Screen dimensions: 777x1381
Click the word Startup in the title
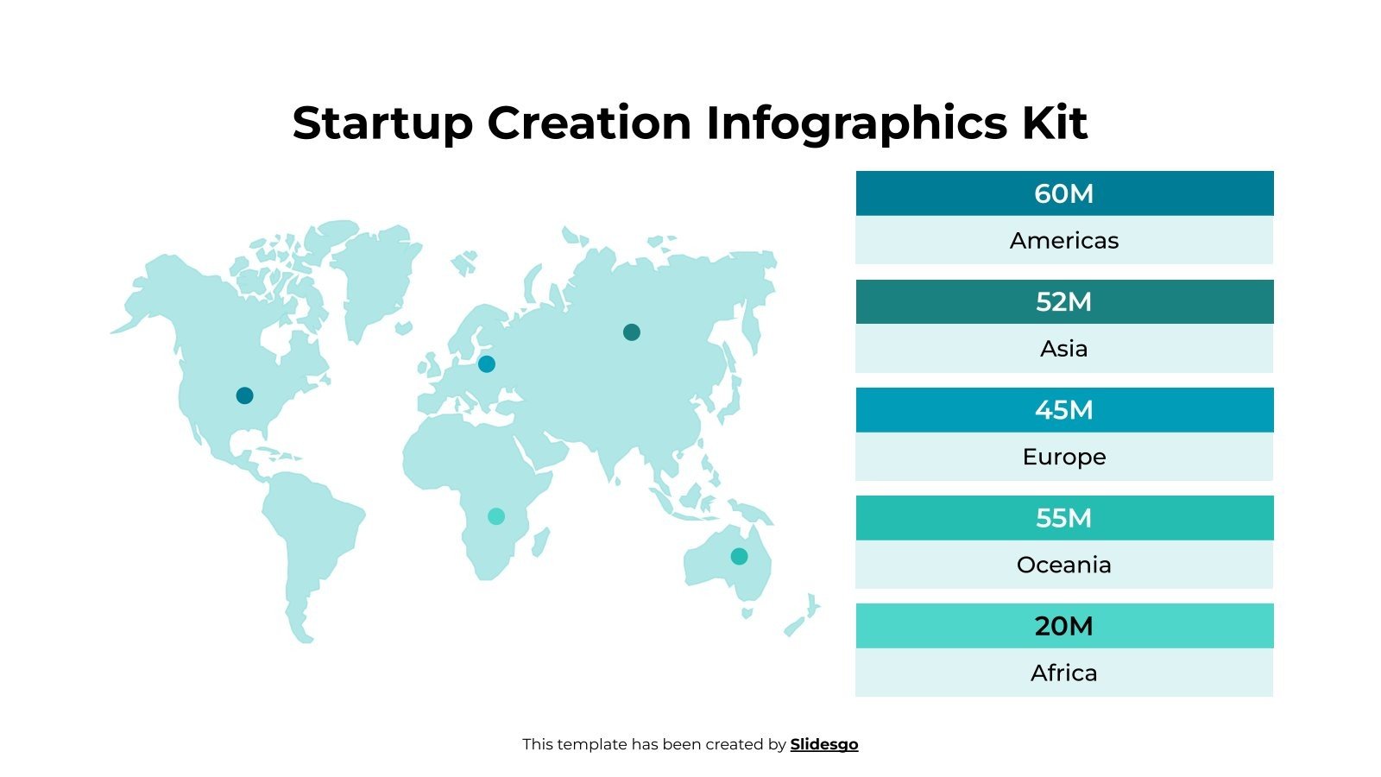pos(382,123)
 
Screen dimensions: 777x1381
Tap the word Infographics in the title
pos(856,123)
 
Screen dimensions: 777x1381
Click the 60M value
pos(1063,193)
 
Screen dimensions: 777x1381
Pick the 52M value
pos(1063,301)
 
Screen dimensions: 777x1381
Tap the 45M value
pos(1063,409)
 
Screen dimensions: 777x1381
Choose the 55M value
pos(1063,517)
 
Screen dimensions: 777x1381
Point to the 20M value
pos(1063,625)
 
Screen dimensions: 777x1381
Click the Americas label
pos(1063,240)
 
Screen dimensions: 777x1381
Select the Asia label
pos(1063,348)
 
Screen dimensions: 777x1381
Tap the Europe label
pos(1063,456)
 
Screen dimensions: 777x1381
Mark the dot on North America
pos(244,395)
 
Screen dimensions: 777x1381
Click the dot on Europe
pos(486,363)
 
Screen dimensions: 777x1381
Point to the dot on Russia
pos(631,332)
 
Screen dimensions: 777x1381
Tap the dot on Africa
pos(495,515)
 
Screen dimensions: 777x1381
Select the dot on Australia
pos(739,556)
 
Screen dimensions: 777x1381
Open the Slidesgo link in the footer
pos(823,744)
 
